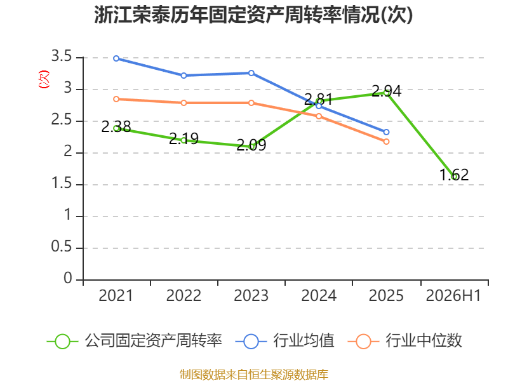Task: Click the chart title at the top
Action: [253, 15]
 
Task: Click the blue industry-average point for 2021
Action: [116, 58]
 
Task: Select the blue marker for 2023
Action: [251, 73]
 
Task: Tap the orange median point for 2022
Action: [184, 103]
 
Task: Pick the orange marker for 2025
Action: [386, 142]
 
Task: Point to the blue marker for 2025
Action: [386, 132]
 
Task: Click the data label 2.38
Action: [116, 126]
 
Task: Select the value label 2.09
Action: [251, 145]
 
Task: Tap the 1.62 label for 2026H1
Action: [454, 175]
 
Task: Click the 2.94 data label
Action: [387, 91]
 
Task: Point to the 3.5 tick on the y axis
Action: [62, 57]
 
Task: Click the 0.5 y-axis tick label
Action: [62, 247]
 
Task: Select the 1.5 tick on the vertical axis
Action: [62, 184]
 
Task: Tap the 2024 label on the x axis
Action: [319, 296]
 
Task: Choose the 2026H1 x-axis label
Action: [453, 296]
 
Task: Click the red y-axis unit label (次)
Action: [44, 79]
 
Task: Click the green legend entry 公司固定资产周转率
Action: [135, 341]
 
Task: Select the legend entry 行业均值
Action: [284, 341]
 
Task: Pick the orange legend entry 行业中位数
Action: [404, 341]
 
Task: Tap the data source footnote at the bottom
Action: [254, 375]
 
